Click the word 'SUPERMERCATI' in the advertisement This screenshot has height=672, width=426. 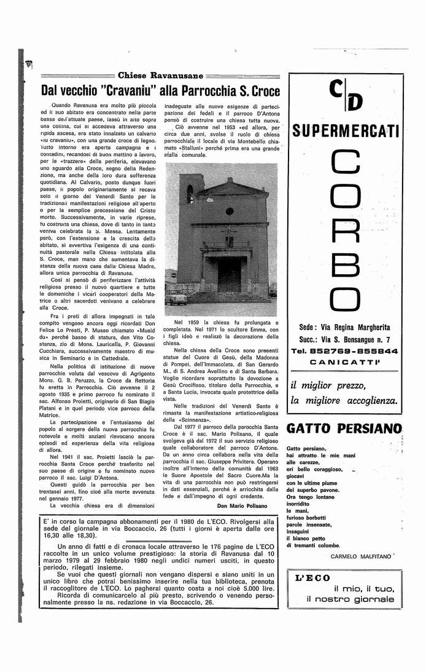point(346,130)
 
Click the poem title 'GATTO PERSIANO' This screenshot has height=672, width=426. point(344,428)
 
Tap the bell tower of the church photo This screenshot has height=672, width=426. point(190,197)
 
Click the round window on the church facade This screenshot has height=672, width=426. point(230,211)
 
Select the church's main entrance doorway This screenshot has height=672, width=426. point(230,274)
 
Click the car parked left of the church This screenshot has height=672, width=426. point(176,297)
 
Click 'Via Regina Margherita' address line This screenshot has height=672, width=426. point(346,328)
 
